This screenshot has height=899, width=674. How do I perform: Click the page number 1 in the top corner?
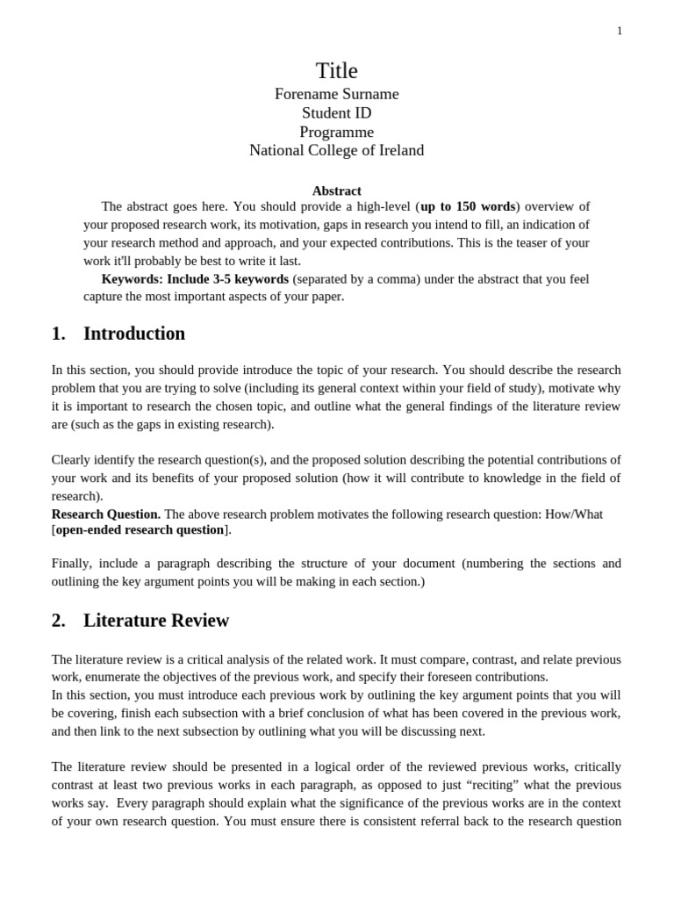point(620,31)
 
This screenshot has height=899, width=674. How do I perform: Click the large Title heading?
point(336,70)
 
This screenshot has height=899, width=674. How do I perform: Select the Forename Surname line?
point(336,94)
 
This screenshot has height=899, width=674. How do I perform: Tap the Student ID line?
point(336,113)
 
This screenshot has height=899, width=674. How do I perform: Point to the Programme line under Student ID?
point(336,133)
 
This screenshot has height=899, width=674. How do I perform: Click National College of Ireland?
point(336,151)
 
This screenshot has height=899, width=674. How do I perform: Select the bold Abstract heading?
point(336,191)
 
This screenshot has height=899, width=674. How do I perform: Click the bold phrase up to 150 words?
point(468,206)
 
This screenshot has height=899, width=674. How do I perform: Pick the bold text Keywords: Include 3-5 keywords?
point(195,278)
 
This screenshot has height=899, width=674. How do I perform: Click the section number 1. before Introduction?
point(59,334)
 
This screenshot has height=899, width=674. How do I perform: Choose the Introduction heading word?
point(134,334)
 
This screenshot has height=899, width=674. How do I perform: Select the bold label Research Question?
point(106,514)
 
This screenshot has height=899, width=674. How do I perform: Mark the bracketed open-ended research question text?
point(140,529)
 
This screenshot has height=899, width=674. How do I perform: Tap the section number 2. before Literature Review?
point(59,621)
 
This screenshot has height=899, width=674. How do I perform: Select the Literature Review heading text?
point(156,621)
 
